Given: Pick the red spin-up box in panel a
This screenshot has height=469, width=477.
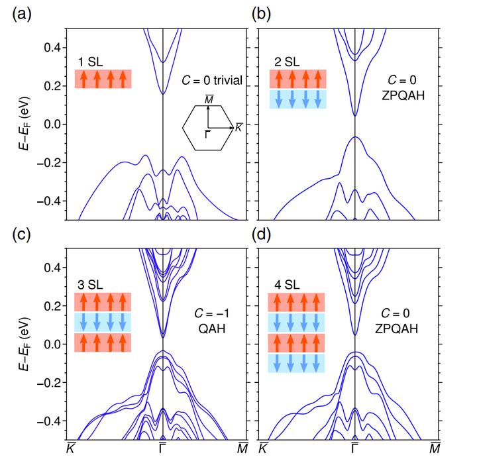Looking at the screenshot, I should (x=103, y=79).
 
